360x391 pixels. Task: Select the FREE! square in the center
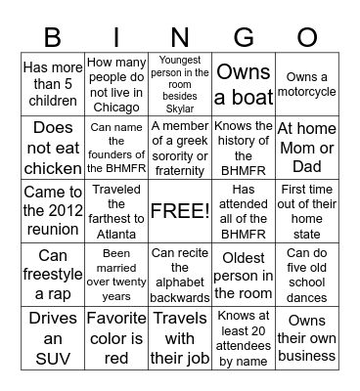click(180, 211)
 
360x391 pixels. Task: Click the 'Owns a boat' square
click(243, 85)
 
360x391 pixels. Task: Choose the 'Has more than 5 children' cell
click(53, 85)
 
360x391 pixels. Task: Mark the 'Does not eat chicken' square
click(53, 148)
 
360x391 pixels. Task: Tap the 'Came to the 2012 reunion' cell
click(53, 211)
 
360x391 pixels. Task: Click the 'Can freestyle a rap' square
click(53, 275)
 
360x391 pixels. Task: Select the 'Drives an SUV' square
click(53, 338)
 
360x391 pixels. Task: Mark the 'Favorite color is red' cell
click(116, 338)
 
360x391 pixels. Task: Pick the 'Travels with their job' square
click(180, 338)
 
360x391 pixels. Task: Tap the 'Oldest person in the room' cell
click(243, 275)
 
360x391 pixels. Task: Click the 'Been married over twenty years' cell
click(116, 275)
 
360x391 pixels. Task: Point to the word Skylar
click(180, 109)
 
